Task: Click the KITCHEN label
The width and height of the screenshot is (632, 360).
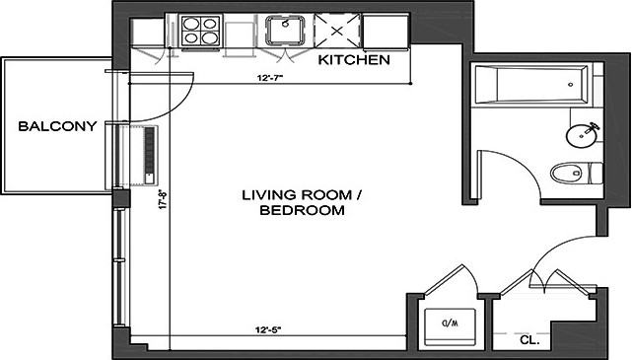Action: click(354, 60)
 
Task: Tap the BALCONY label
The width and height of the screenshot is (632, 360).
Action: click(57, 126)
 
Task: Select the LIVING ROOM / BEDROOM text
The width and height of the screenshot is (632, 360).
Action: click(302, 202)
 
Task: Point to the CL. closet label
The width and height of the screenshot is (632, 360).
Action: click(529, 340)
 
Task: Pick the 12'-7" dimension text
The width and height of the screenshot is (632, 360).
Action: click(270, 78)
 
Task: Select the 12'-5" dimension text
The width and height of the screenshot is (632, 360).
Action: click(268, 330)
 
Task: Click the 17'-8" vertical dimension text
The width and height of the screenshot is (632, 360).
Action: click(164, 199)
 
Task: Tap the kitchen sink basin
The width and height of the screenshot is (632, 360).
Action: click(285, 30)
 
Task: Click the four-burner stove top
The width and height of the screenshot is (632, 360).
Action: click(201, 31)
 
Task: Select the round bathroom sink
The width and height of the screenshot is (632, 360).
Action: click(581, 136)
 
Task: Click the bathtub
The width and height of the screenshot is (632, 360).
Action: click(531, 85)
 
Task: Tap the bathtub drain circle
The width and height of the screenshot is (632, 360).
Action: click(570, 85)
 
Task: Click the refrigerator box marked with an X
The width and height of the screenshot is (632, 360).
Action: click(337, 31)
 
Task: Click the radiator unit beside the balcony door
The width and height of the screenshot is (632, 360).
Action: click(150, 156)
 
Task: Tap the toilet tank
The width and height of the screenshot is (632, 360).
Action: click(597, 173)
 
